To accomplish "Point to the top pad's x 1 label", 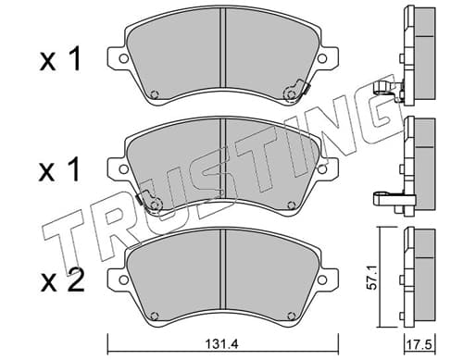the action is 60,58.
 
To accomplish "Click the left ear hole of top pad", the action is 123,58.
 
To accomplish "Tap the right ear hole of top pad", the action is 322,58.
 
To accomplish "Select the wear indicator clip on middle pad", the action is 149,201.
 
